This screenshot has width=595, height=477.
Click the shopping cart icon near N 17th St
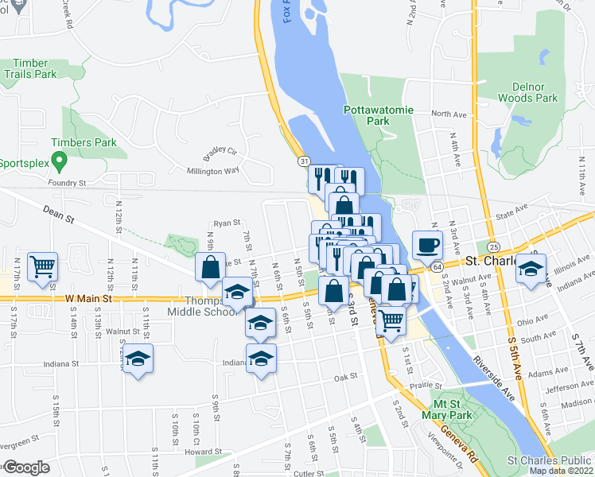tap(42, 266)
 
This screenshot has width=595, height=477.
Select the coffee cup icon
tap(427, 245)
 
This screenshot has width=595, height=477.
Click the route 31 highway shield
tap(304, 161)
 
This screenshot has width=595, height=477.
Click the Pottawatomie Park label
tap(379, 115)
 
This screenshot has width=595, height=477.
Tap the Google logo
tap(27, 467)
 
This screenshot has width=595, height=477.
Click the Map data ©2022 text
tap(561, 471)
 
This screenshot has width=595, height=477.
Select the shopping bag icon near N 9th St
tap(210, 267)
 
